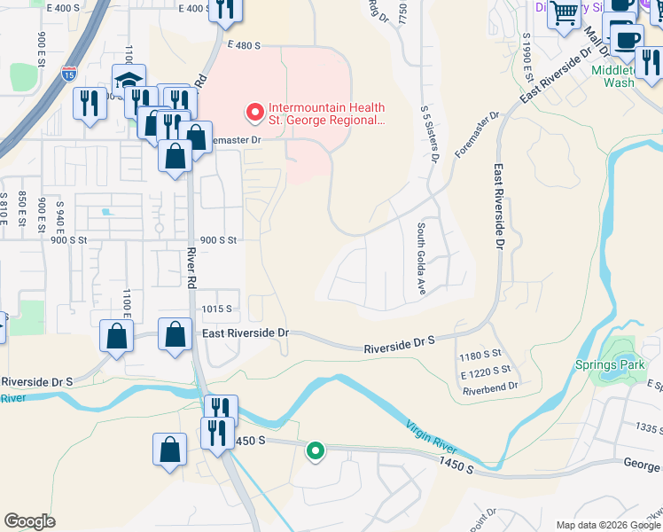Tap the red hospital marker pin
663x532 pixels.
pyautogui.click(x=255, y=112)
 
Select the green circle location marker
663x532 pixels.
pyautogui.click(x=315, y=452)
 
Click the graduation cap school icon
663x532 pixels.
pyautogui.click(x=129, y=82)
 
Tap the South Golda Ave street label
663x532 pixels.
pyautogui.click(x=420, y=249)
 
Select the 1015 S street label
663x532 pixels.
pyautogui.click(x=216, y=309)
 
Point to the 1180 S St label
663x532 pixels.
pyautogui.click(x=481, y=356)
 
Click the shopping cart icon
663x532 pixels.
pyautogui.click(x=564, y=14)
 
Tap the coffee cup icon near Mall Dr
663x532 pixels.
pyautogui.click(x=628, y=39)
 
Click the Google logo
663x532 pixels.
pyautogui.click(x=29, y=521)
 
